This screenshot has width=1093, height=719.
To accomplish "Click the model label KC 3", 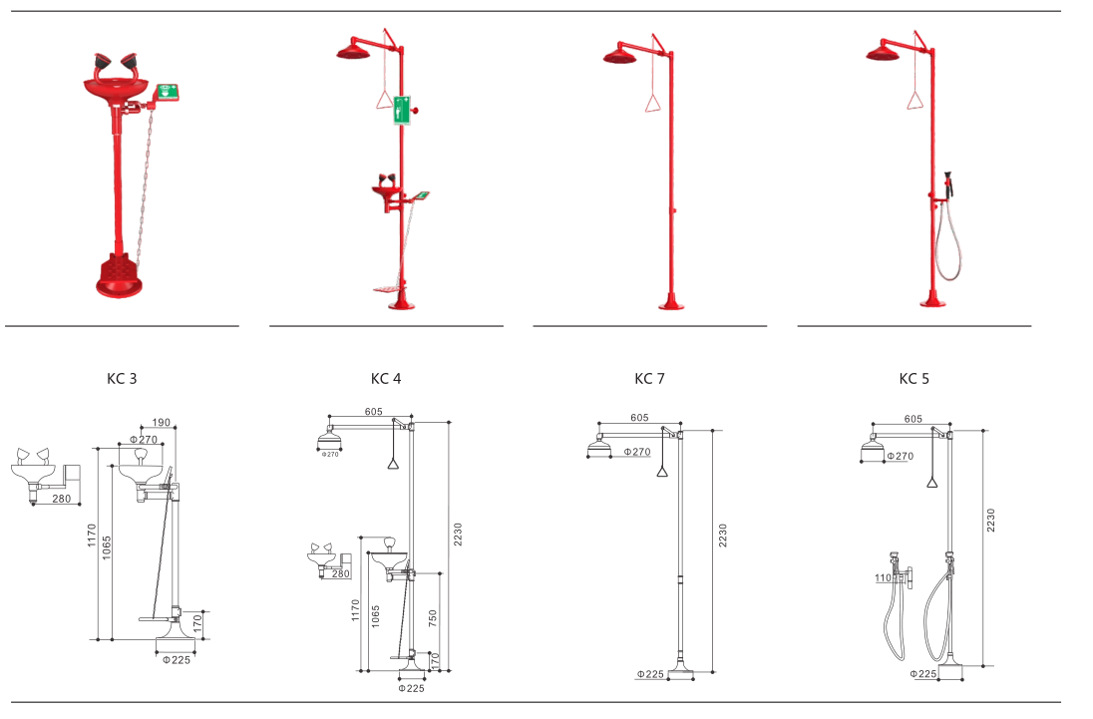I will point(122,379).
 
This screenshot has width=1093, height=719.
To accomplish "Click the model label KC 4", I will point(386,379).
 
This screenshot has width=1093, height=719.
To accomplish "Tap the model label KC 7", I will point(649,379).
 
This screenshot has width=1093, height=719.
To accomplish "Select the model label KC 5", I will point(913,379).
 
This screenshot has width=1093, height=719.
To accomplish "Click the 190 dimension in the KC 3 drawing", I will point(163,422).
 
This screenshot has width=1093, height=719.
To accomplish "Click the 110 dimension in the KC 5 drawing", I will point(882,578).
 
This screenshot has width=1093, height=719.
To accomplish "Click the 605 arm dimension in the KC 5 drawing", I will point(912,420).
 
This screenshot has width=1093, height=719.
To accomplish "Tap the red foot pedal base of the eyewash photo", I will point(122,276).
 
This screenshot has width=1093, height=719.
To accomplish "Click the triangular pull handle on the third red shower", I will point(651,102).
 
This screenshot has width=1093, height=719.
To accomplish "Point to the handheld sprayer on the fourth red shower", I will point(948,184).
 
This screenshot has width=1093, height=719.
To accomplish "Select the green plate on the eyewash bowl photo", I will point(168,92).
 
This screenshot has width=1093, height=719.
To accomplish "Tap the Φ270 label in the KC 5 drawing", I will point(900,457).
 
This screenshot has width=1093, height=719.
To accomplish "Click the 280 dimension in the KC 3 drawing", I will point(62,498).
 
